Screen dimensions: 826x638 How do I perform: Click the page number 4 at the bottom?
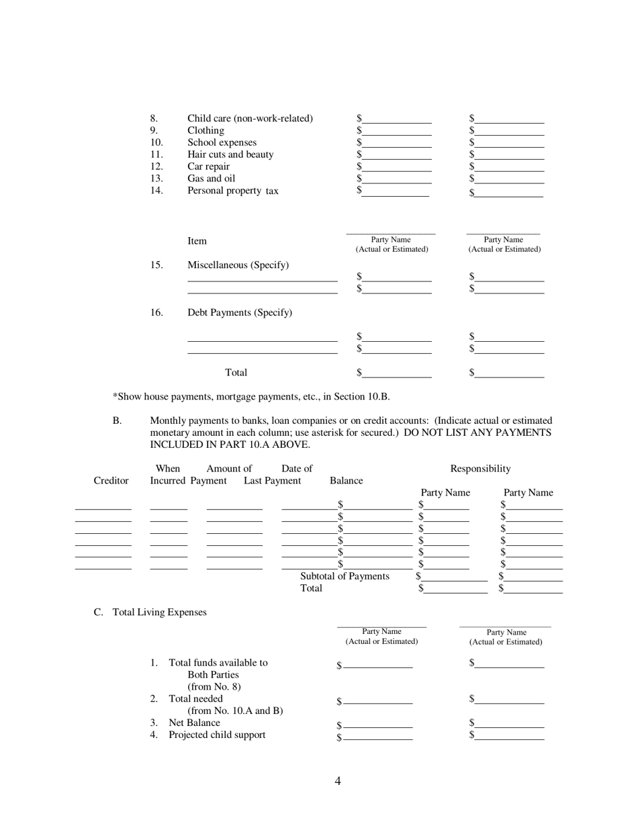338,780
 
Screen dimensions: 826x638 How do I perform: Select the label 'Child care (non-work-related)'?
250,119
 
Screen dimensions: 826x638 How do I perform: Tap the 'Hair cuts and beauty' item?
230,154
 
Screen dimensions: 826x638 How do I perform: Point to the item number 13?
156,179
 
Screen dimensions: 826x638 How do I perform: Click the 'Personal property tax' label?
232,191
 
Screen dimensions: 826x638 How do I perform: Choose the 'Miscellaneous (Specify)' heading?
238,265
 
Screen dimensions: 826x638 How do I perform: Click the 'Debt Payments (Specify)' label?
239,313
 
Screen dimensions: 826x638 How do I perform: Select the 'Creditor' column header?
111,481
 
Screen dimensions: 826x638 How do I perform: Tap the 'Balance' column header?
347,481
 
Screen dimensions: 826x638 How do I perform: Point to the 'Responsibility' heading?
480,469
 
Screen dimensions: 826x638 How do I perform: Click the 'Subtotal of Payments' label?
345,576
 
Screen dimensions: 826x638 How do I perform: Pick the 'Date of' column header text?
297,469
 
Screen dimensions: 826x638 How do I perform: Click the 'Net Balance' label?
194,723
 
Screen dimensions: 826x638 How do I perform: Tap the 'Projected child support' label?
216,735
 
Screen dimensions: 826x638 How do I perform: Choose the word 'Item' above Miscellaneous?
197,241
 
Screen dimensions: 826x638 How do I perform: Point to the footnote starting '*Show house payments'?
250,397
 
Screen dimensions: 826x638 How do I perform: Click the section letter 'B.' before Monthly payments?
117,421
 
